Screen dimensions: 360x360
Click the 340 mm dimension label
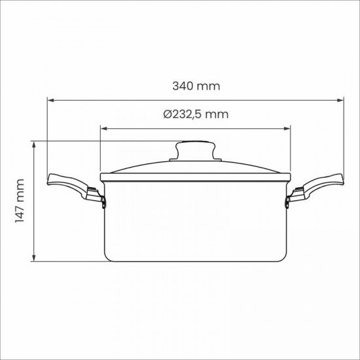(x=196, y=86)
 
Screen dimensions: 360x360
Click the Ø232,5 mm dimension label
(x=196, y=114)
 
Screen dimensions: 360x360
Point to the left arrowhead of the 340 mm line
(x=50, y=100)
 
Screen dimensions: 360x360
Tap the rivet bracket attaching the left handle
(x=100, y=198)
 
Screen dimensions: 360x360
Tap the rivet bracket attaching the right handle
(x=290, y=198)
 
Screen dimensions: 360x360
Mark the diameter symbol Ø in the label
(x=167, y=114)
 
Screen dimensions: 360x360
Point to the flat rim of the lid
(x=195, y=176)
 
